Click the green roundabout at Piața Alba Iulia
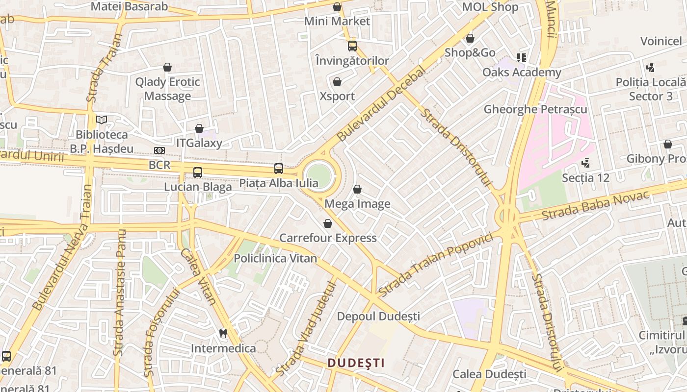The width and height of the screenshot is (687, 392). [x=319, y=174]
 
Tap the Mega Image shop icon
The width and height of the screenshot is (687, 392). [x=357, y=189]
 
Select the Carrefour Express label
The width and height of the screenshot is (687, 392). [x=328, y=238]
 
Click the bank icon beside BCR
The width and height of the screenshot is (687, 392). [x=159, y=150]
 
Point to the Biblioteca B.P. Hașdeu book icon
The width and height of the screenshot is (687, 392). [x=102, y=120]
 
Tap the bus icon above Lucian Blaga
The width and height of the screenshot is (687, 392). [x=198, y=172]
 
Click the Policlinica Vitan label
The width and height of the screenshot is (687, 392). [x=275, y=258]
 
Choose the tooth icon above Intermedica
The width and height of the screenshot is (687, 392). [x=223, y=333]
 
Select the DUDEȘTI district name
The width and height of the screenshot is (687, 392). [x=356, y=363]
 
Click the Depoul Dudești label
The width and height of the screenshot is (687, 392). [x=378, y=317]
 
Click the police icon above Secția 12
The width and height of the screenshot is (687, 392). [x=585, y=162]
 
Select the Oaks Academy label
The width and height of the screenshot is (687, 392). [x=522, y=73]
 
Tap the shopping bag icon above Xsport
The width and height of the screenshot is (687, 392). [x=337, y=82]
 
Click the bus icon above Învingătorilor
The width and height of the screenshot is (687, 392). [x=352, y=46]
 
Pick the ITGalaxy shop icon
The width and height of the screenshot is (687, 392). [x=199, y=128]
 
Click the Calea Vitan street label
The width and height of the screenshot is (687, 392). [x=198, y=276]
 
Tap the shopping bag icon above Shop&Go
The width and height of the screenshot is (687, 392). [x=470, y=38]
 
